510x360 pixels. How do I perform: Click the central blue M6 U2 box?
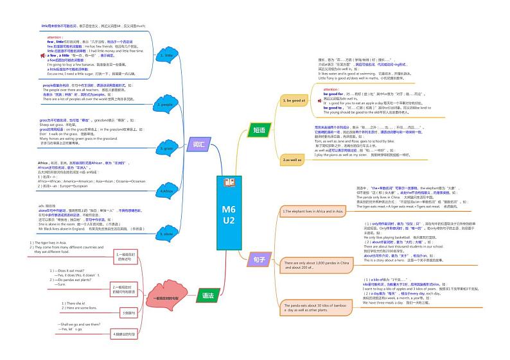coord(229,214)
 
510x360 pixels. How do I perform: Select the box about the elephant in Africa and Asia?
coord(313,210)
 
